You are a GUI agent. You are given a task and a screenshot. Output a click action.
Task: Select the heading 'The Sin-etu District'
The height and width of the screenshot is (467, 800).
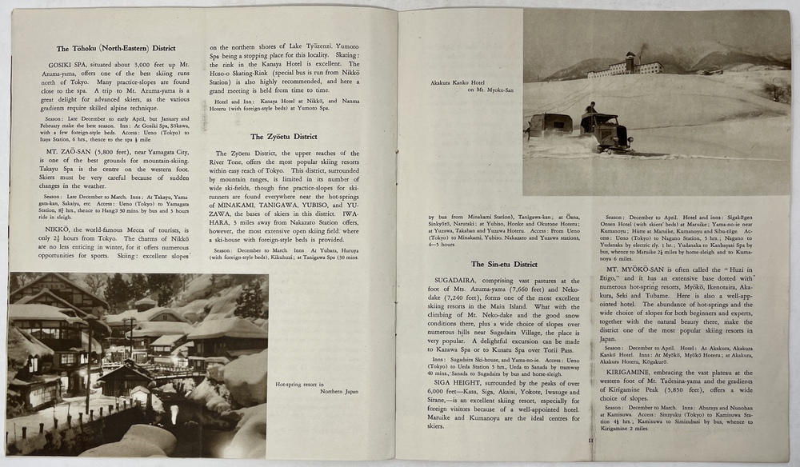click(x=504, y=264)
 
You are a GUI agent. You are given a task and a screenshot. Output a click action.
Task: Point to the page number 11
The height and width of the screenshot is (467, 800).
click(x=590, y=440)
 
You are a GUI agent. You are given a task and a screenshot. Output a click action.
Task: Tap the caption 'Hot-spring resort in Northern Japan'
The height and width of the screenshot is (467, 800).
click(x=315, y=387)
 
